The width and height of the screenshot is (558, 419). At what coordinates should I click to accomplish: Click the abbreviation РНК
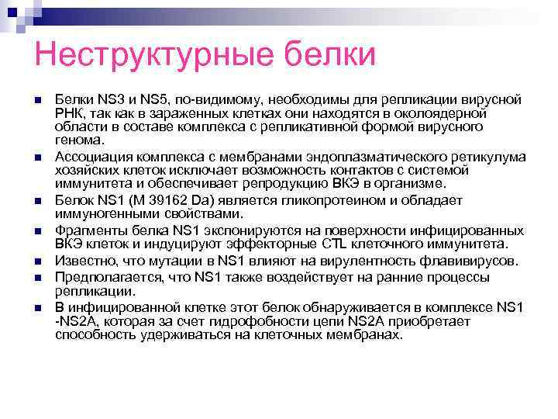coord(69,113)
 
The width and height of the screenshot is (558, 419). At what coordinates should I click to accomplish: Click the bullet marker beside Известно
coord(38,262)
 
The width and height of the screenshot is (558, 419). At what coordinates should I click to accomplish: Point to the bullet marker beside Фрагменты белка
coord(38,231)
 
